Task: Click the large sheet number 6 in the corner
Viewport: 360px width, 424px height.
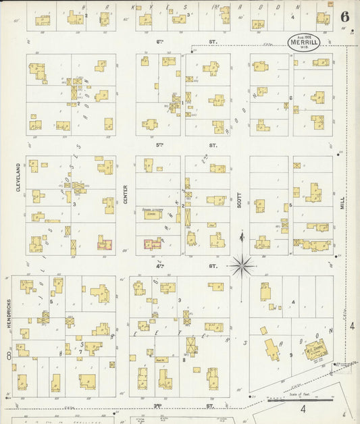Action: click(x=344, y=18)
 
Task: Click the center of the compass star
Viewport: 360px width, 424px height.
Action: click(x=242, y=265)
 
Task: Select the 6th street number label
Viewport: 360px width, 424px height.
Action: click(x=161, y=42)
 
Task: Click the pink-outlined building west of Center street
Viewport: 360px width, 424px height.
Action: click(x=104, y=244)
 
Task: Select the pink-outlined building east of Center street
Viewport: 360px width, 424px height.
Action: click(x=152, y=244)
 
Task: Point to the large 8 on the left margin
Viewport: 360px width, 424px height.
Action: click(x=9, y=355)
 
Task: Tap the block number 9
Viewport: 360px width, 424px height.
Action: click(x=291, y=354)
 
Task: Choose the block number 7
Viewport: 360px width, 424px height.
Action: click(x=81, y=352)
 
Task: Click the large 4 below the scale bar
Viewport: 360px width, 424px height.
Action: click(x=303, y=409)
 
